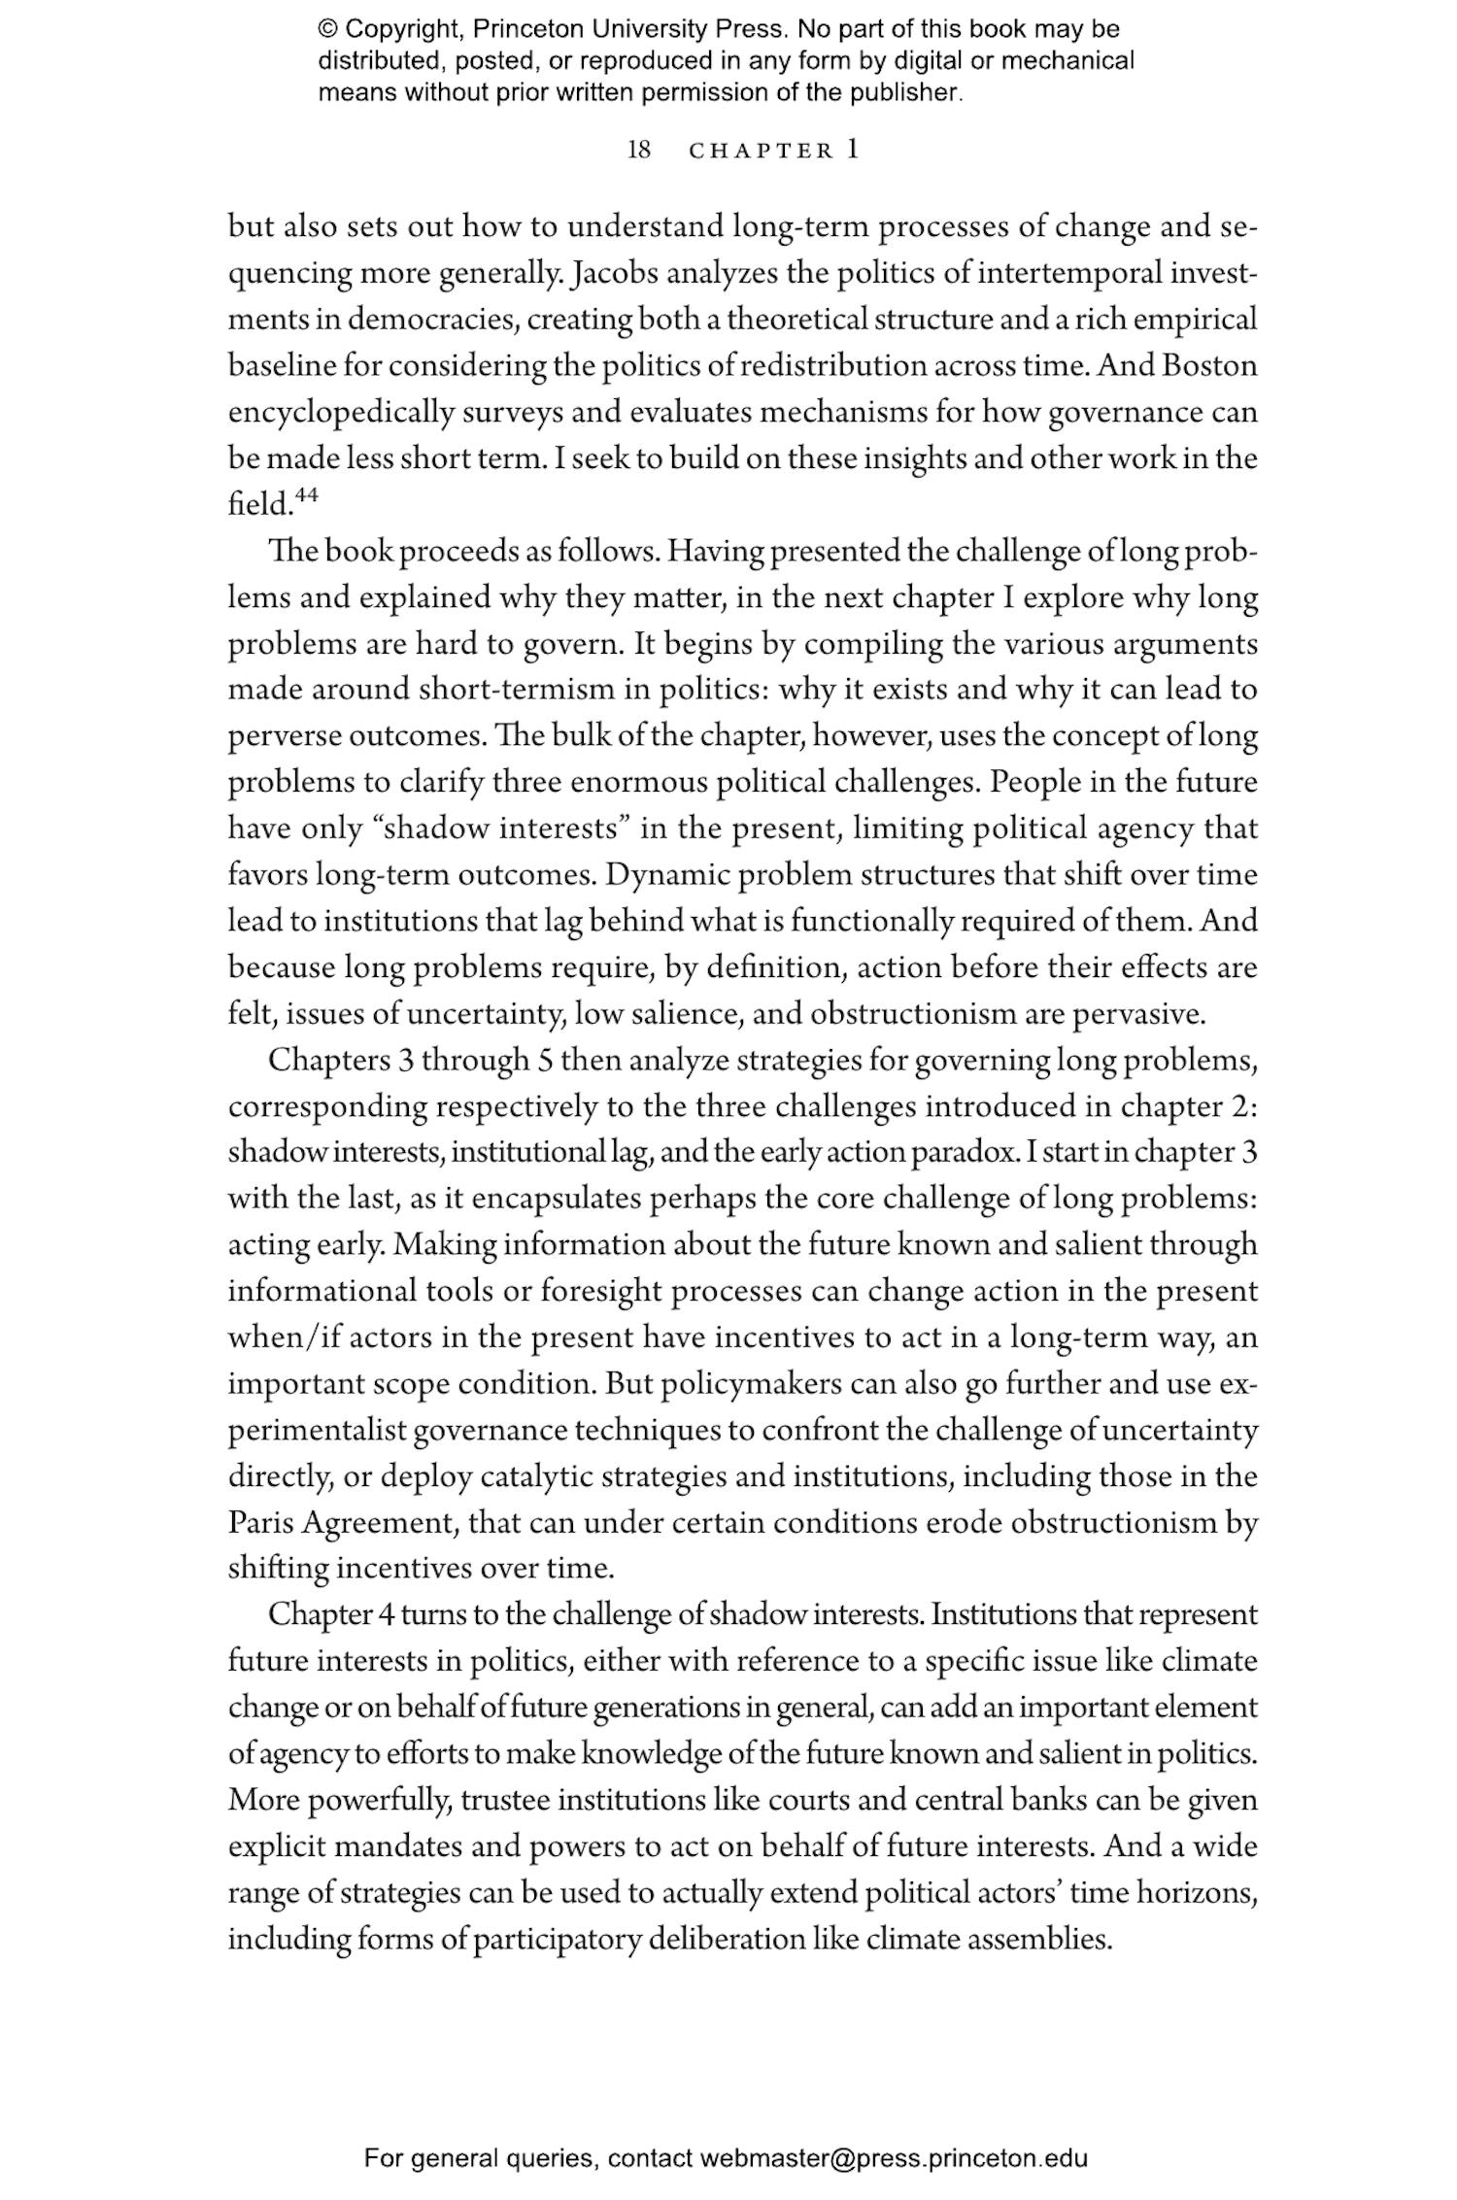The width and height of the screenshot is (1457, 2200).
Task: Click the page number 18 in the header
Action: (x=639, y=151)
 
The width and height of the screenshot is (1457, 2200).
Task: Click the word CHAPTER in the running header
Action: (x=761, y=152)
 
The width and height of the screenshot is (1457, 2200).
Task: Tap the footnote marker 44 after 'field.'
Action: (x=306, y=496)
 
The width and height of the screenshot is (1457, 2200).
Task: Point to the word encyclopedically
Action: (x=341, y=413)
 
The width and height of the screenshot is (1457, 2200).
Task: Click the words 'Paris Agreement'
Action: (x=340, y=1523)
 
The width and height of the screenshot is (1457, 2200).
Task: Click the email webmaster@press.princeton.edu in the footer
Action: (x=894, y=2159)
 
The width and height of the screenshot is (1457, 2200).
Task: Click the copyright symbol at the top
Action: (x=327, y=30)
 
